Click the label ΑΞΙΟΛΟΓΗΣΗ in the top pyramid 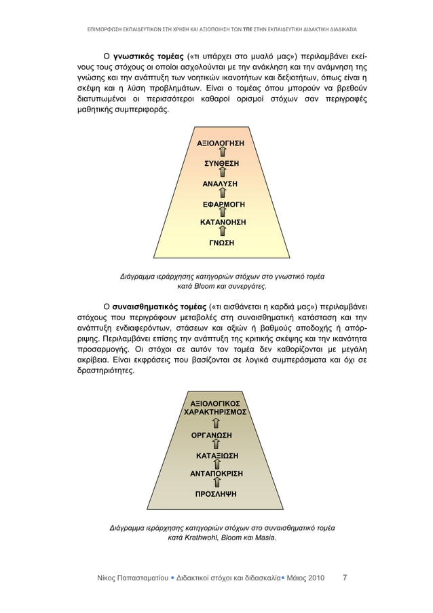(221, 143)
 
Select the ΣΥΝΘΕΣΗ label (221, 163)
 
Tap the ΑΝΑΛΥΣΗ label (220, 183)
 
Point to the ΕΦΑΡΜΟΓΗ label (224, 203)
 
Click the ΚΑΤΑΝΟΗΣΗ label (223, 222)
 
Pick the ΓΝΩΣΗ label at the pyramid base (221, 242)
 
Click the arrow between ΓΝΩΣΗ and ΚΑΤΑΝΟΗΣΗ (222, 232)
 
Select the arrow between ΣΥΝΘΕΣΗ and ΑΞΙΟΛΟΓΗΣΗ (222, 154)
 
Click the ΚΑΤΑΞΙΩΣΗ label (217, 455)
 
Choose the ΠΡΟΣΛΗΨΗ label (216, 494)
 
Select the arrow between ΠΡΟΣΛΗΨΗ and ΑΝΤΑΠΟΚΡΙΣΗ (216, 484)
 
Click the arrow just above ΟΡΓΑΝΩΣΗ (216, 424)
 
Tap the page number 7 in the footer (345, 578)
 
